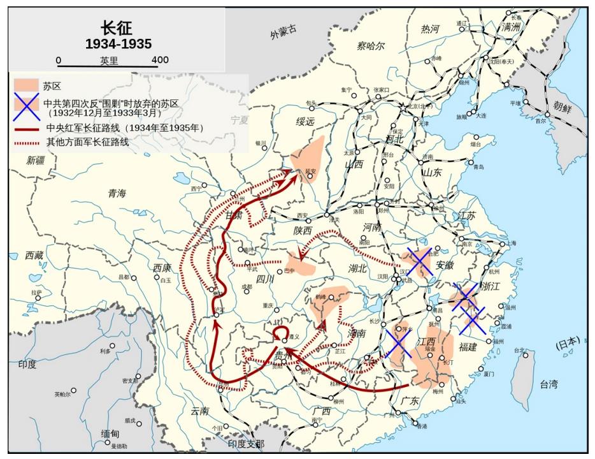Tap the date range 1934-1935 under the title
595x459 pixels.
point(118,43)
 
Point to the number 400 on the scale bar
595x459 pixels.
point(161,61)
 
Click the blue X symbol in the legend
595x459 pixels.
point(27,107)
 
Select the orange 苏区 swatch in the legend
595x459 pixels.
point(27,85)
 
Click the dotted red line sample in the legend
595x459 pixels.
point(27,142)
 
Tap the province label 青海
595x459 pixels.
point(117,193)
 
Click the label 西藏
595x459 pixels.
point(34,255)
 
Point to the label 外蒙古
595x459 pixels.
point(283,32)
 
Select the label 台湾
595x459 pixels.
point(548,384)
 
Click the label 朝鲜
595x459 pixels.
point(563,106)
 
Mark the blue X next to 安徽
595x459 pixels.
point(420,261)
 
